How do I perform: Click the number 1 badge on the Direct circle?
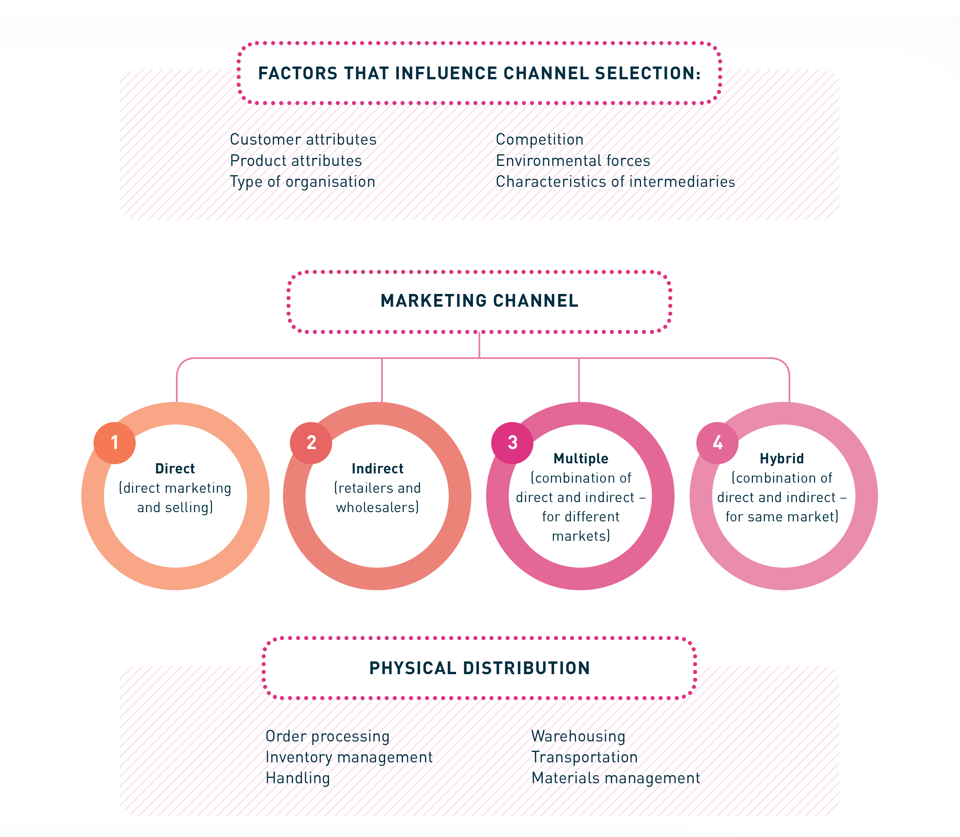pyautogui.click(x=115, y=443)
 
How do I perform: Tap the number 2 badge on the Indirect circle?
pyautogui.click(x=311, y=443)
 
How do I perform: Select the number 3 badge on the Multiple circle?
pyautogui.click(x=512, y=443)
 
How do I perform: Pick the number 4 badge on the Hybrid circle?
pyautogui.click(x=717, y=443)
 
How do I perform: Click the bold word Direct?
pyautogui.click(x=175, y=468)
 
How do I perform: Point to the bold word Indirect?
pyautogui.click(x=377, y=468)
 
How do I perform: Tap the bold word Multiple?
pyautogui.click(x=581, y=459)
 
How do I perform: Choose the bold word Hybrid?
pyautogui.click(x=782, y=459)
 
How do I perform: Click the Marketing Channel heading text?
pyautogui.click(x=480, y=301)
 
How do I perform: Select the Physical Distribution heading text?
pyautogui.click(x=480, y=668)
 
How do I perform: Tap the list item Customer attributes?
pyautogui.click(x=303, y=139)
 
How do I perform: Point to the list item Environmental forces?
pyautogui.click(x=573, y=161)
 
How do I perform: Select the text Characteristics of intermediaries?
pyautogui.click(x=615, y=182)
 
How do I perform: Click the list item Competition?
pyautogui.click(x=539, y=139)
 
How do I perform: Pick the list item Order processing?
pyautogui.click(x=327, y=736)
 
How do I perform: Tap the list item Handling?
pyautogui.click(x=298, y=778)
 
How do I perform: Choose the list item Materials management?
pyautogui.click(x=615, y=778)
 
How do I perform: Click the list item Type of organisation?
pyautogui.click(x=302, y=182)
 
